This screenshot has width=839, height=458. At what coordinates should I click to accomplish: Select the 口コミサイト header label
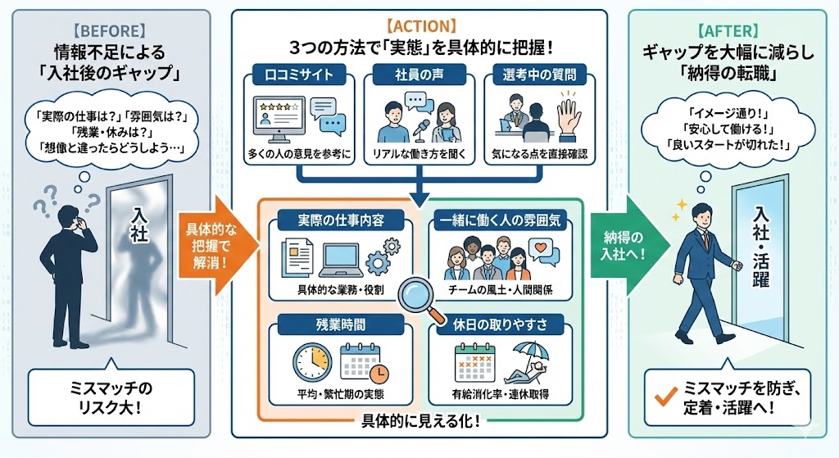point(300,76)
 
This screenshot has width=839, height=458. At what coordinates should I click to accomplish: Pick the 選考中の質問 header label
point(540,76)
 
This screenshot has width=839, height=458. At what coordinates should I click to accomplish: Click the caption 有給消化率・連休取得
point(502,395)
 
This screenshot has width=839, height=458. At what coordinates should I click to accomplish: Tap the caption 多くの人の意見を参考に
point(300,153)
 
